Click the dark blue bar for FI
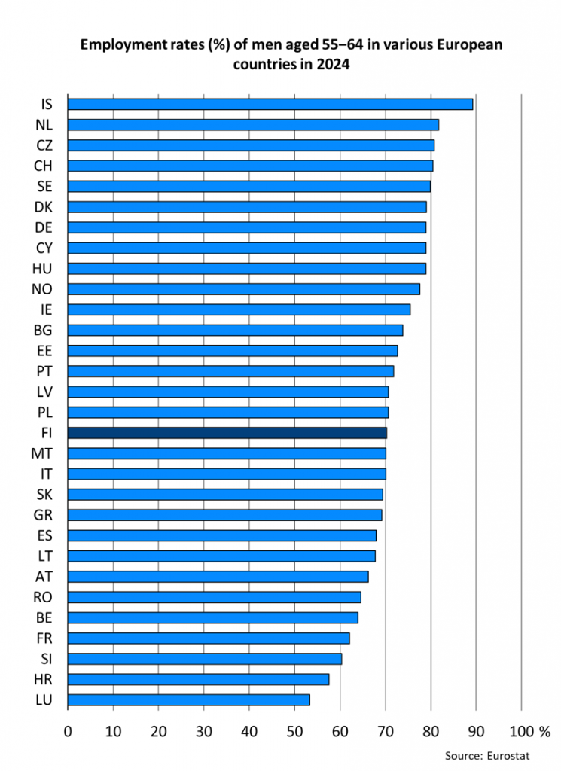point(227,433)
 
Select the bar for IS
point(270,104)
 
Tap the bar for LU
point(188,699)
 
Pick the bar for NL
point(253,125)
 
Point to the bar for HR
point(198,679)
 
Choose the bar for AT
point(218,577)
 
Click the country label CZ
point(44,145)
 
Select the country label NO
point(42,289)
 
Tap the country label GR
point(43,515)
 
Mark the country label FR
point(44,638)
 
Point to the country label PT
point(44,371)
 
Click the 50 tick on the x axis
point(340,730)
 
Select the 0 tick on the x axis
point(68,730)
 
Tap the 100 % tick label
point(529,730)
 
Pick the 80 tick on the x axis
point(431,730)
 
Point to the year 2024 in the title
point(335,66)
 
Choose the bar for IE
point(239,309)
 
